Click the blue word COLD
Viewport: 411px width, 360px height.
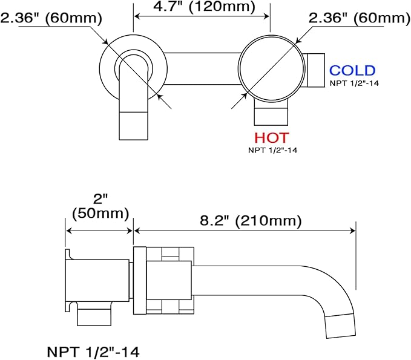tap(352, 70)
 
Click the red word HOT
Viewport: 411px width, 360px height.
tap(272, 138)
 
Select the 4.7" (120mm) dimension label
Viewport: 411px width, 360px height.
tap(204, 7)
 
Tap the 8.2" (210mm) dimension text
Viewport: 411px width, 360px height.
tap(251, 221)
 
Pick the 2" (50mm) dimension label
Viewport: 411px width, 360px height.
tap(100, 206)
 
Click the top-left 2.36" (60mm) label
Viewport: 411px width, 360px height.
tap(51, 18)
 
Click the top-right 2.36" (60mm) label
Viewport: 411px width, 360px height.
tap(360, 18)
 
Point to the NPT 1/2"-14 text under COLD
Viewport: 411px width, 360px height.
tap(354, 83)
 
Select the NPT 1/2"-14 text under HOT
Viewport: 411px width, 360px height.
tap(272, 151)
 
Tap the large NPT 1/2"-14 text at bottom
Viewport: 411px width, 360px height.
tap(93, 352)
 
